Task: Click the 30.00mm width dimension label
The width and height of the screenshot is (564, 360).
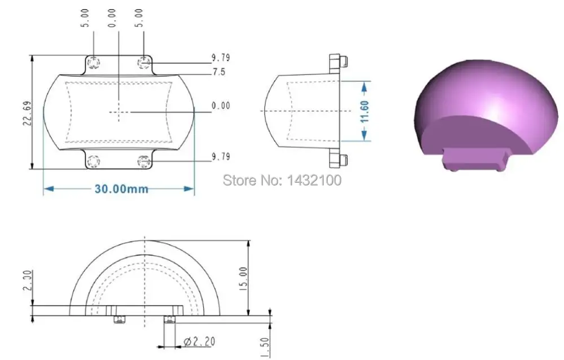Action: click(121, 188)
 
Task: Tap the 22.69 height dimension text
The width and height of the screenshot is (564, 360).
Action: click(27, 113)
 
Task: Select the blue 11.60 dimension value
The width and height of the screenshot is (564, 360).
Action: click(365, 112)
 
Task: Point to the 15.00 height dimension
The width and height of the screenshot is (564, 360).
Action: click(243, 278)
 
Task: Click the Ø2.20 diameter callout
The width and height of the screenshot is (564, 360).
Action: click(199, 341)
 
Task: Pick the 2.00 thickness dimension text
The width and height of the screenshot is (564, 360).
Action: click(28, 280)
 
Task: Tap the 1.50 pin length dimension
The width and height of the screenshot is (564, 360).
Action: click(265, 348)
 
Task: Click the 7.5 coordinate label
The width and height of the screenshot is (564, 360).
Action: click(219, 72)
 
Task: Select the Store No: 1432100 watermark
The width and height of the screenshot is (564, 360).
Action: click(282, 180)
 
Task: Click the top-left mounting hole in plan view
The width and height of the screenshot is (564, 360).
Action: click(94, 63)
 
